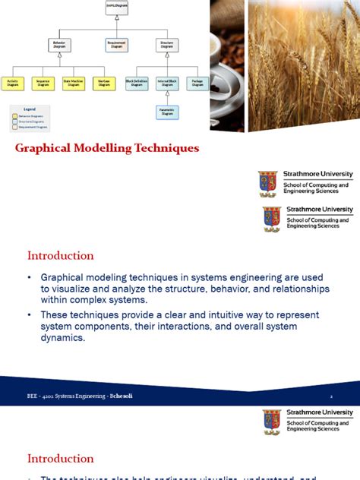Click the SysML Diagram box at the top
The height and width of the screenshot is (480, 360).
point(116,8)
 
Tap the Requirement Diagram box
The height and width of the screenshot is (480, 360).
point(116,45)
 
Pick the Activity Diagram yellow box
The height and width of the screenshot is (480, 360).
point(13,83)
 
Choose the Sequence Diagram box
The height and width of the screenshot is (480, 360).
point(43,83)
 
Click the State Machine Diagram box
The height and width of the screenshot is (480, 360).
point(73,83)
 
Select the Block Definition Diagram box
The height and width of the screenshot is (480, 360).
point(137,83)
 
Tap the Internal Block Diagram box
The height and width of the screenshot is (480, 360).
point(167,83)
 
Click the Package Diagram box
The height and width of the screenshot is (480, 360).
point(197,83)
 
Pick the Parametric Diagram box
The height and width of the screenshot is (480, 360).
point(167,112)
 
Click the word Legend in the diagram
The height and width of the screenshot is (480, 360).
point(30,109)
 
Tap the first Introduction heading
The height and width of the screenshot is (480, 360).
point(61,255)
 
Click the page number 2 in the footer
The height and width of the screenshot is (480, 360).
point(331,396)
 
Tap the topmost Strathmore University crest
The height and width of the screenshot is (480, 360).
point(268,182)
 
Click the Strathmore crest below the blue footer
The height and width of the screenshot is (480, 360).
point(272,422)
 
